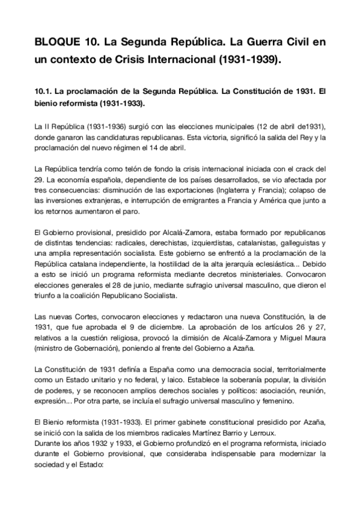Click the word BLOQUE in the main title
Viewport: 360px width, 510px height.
(x=55, y=43)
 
